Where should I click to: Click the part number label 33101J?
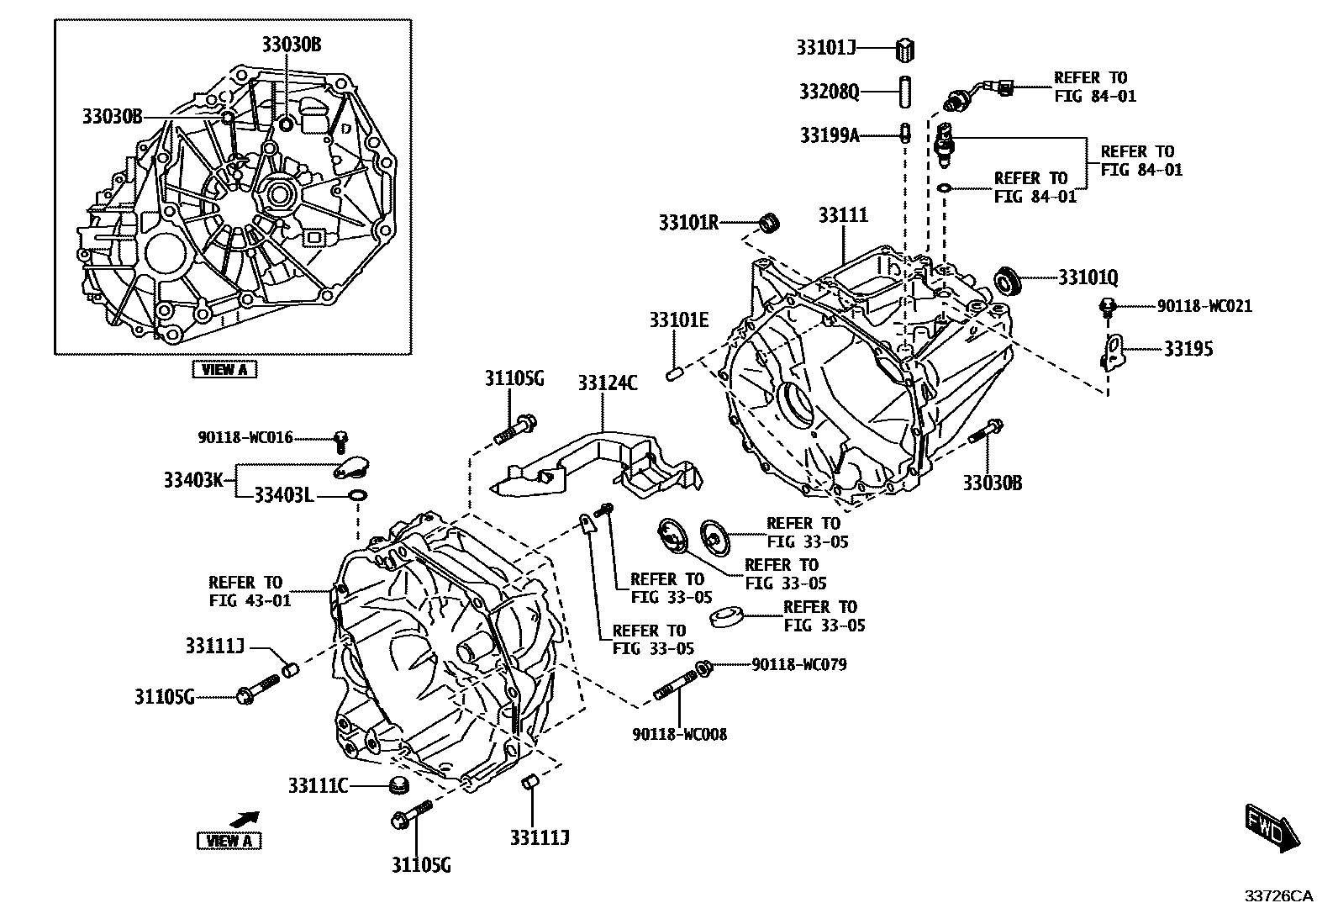(x=825, y=48)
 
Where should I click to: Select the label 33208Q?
(x=829, y=91)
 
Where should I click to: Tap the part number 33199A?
(x=829, y=135)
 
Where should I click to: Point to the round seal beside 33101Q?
(x=1007, y=281)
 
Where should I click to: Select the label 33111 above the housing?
(x=843, y=216)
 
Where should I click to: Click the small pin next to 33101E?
(x=672, y=373)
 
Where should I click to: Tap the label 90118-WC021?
(x=1204, y=307)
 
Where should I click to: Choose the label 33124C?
(x=607, y=383)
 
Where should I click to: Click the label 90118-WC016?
(x=245, y=437)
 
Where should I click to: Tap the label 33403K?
(x=192, y=480)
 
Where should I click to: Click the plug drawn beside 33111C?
(x=398, y=786)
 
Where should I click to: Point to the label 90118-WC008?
(x=679, y=734)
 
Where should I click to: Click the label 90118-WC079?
(x=798, y=665)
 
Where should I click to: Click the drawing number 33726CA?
(x=1277, y=896)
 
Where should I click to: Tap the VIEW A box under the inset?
(x=224, y=368)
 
